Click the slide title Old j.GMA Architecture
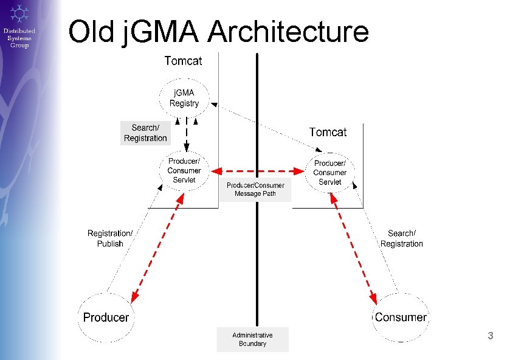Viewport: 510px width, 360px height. pos(218,32)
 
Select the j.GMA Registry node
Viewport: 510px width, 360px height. pos(184,98)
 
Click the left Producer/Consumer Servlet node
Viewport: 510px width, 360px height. pos(184,170)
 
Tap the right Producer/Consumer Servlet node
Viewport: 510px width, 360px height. pos(329,173)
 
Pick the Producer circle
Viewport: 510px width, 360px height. pos(106,317)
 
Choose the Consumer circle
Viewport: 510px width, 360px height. pos(401,317)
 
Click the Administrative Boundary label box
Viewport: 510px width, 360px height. pos(252,339)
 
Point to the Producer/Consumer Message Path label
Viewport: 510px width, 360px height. pos(255,190)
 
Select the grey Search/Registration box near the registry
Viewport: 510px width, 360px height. pos(145,133)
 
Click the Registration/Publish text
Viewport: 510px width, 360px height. pos(110,238)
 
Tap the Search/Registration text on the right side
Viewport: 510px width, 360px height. pos(401,238)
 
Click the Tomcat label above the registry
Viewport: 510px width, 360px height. pos(183,60)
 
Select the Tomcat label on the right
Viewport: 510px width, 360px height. pos(328,132)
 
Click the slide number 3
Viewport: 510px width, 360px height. pos(491,336)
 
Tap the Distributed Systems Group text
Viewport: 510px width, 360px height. pos(19,38)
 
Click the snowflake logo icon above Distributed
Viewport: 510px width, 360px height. pos(19,13)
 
